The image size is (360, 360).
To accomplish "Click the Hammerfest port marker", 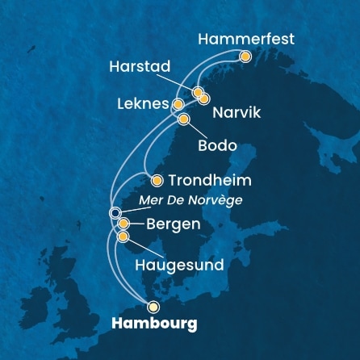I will [x=245, y=57].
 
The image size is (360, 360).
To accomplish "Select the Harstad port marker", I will [x=197, y=92].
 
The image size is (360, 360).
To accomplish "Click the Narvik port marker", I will [x=204, y=98].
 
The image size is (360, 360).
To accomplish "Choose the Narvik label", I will [x=237, y=115].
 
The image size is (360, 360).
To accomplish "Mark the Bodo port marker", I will [x=183, y=119].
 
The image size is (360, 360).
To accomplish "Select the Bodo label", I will [x=216, y=146].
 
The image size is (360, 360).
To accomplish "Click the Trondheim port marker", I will [x=157, y=181].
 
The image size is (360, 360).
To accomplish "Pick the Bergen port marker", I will [x=123, y=224].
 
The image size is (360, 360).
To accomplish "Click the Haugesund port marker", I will [x=123, y=237].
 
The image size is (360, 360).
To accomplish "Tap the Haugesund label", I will [x=178, y=264].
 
